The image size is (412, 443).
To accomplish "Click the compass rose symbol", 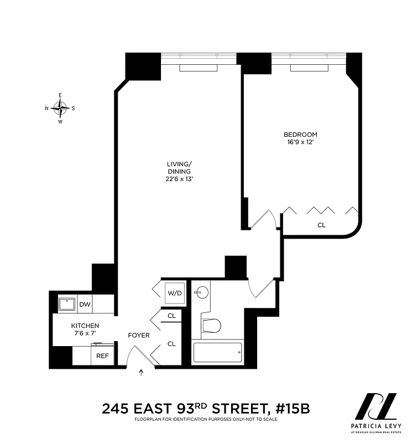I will [60, 108].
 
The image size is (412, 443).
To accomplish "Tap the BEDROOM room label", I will [300, 135].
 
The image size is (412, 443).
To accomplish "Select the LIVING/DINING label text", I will [179, 167].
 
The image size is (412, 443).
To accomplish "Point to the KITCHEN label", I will [85, 325].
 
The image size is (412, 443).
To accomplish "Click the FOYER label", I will [138, 335].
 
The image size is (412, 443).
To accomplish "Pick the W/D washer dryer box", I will [174, 292].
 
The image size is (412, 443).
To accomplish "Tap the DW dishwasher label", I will [85, 304].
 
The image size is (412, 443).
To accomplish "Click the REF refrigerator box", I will [102, 356].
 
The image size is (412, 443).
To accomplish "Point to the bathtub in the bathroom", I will [217, 352].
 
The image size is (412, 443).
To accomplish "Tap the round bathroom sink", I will [202, 291].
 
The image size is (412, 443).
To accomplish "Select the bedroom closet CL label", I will [321, 225].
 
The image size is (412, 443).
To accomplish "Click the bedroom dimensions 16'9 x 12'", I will [300, 142].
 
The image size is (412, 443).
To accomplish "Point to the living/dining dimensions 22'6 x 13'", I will [179, 179].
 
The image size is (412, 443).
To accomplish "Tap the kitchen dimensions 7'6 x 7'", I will [85, 333].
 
